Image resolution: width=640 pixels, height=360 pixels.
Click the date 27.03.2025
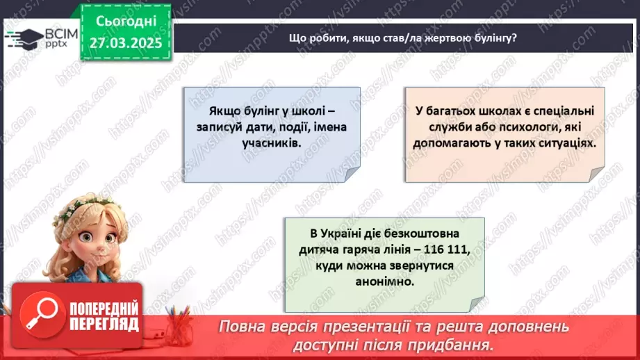126,42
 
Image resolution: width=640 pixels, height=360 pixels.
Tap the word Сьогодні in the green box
126,21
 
